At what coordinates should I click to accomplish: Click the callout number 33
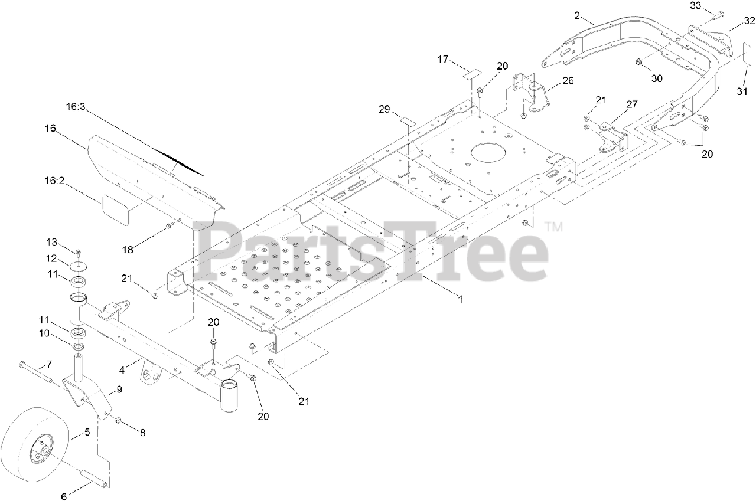pyautogui.click(x=696, y=6)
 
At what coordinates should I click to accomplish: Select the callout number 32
pyautogui.click(x=749, y=21)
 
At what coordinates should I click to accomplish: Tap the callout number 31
pyautogui.click(x=742, y=91)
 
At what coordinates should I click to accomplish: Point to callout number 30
pyautogui.click(x=657, y=79)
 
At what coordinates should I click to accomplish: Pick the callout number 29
pyautogui.click(x=384, y=110)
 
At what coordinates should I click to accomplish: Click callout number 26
pyautogui.click(x=568, y=81)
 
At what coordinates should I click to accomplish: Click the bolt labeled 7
pyautogui.click(x=37, y=373)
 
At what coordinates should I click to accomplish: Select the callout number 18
pyautogui.click(x=127, y=250)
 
